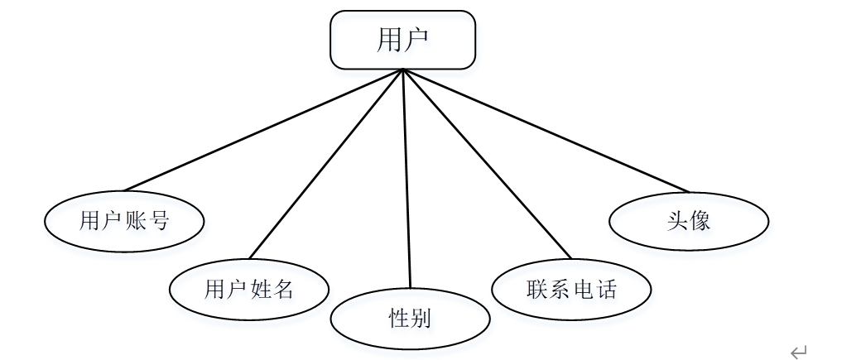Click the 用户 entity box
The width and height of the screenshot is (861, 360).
point(402,40)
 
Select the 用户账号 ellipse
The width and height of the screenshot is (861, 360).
point(124,221)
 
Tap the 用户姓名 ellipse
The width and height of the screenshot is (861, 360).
point(249,289)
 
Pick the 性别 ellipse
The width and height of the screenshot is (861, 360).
point(410,319)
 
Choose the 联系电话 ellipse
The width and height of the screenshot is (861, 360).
point(571,289)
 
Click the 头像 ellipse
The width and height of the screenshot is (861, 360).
point(689,221)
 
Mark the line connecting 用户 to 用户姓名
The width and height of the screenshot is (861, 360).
point(326,163)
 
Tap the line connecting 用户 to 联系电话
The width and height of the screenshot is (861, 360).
point(486,163)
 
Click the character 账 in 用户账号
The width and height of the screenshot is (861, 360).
point(136,221)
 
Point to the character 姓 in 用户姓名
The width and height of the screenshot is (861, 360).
point(261,289)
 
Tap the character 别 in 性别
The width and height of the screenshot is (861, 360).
point(421,319)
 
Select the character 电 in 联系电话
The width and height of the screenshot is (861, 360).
point(583,289)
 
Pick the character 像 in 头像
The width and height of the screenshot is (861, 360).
point(700,221)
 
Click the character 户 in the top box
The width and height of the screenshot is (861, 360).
point(416,40)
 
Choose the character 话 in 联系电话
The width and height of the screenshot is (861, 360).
point(606,289)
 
